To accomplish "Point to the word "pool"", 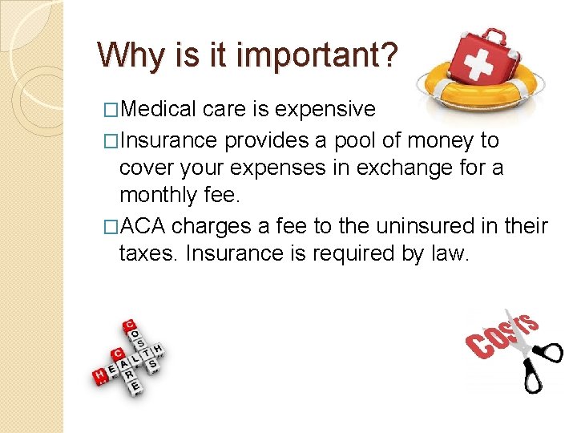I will pos(362,140).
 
